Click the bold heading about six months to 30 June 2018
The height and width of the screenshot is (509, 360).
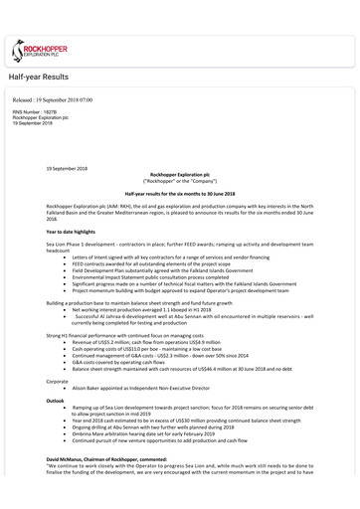point(179,192)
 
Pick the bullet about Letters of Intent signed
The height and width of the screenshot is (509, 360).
point(178,257)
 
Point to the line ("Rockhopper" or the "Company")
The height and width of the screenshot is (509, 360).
point(179,181)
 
